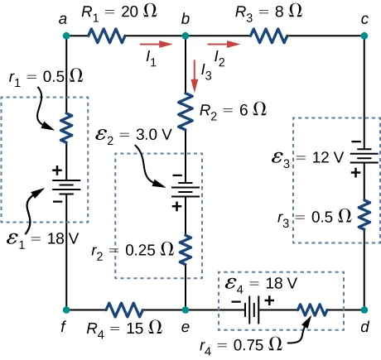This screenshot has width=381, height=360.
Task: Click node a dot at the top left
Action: click(66, 36)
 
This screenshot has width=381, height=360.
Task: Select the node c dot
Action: click(364, 36)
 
